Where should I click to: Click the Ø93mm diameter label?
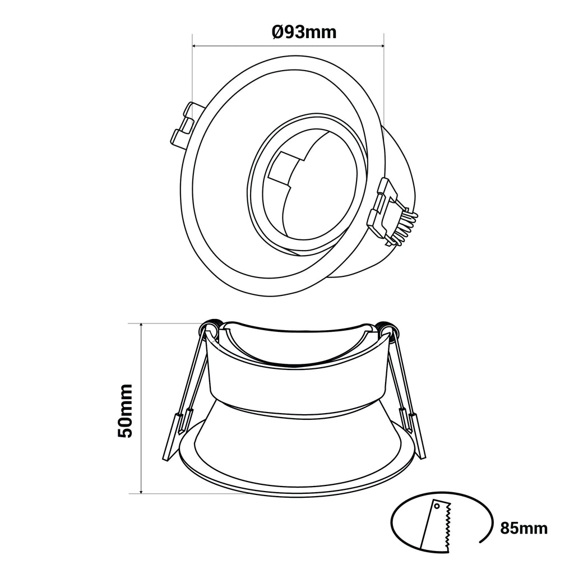click(304, 32)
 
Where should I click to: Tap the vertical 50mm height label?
click(126, 410)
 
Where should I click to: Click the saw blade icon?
click(437, 526)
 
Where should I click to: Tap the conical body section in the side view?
click(297, 443)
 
